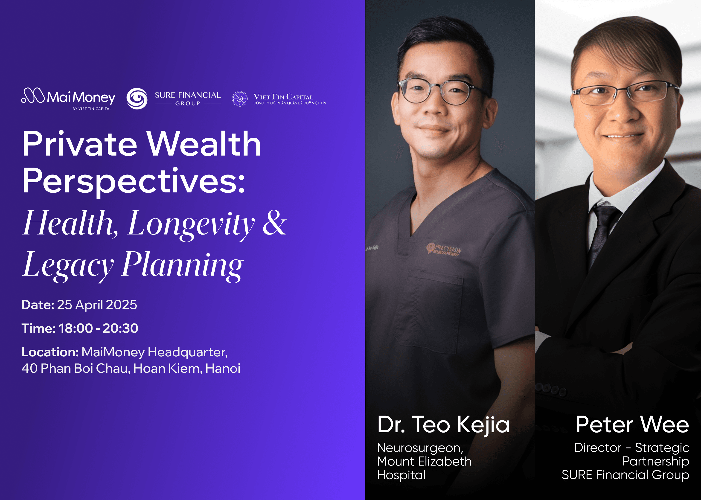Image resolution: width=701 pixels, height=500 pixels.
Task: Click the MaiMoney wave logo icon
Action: click(x=33, y=96)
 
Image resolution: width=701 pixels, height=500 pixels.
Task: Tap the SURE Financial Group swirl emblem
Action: click(x=137, y=99)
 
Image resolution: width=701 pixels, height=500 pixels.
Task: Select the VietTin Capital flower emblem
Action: click(x=239, y=99)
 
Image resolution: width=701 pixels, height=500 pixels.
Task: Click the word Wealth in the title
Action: click(x=204, y=144)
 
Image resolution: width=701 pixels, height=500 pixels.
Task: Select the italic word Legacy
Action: click(x=68, y=265)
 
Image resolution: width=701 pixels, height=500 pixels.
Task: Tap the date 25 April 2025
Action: click(x=97, y=305)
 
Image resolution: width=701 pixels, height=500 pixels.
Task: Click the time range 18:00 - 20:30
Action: click(x=99, y=328)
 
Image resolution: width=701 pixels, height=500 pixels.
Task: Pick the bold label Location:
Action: click(x=50, y=352)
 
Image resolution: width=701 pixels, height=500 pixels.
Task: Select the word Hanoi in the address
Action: click(x=223, y=369)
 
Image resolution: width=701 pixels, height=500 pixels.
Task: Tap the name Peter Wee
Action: click(x=632, y=424)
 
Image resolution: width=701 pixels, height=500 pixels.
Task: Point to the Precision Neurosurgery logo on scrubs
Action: click(x=444, y=249)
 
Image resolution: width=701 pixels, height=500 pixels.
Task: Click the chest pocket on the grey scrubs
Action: click(x=429, y=311)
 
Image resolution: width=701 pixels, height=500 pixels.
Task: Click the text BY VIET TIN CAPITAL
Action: click(x=92, y=109)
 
